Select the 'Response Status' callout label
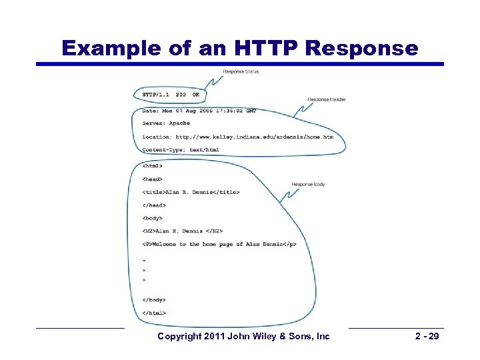(x=241, y=71)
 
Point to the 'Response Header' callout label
(x=327, y=100)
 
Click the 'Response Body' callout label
(x=308, y=184)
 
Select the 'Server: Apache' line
(x=166, y=123)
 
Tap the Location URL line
(x=237, y=137)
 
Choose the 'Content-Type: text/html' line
(x=180, y=150)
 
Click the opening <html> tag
(x=152, y=165)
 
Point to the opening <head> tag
(x=152, y=179)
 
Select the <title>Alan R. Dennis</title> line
(x=190, y=192)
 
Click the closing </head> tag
(x=153, y=205)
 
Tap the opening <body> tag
(x=152, y=218)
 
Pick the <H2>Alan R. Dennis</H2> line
(x=182, y=231)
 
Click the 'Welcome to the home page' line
(x=219, y=245)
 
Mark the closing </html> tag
(x=154, y=313)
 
